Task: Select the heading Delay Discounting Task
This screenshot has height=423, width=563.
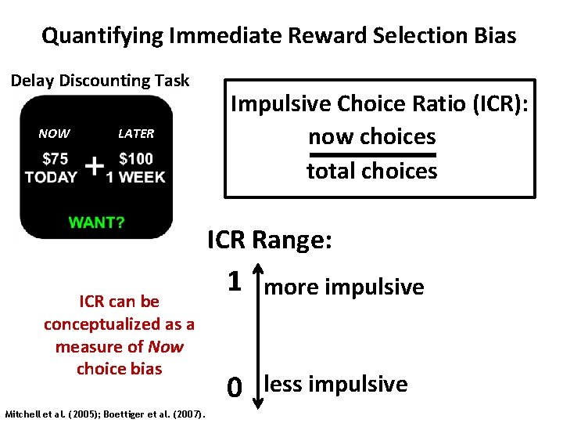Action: point(99,81)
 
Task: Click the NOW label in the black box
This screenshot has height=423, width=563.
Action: point(54,134)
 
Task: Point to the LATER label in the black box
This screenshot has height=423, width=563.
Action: point(136,134)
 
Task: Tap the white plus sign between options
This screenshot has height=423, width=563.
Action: point(94,166)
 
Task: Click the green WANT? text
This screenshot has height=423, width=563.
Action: point(96,222)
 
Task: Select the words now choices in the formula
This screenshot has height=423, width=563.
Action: point(371,137)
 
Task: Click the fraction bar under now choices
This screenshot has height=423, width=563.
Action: point(371,154)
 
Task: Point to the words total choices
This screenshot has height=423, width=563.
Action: point(371,172)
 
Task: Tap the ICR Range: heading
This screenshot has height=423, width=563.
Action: point(270,240)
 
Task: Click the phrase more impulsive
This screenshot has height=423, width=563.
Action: point(345,287)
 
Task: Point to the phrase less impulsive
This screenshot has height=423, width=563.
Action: point(336,384)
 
